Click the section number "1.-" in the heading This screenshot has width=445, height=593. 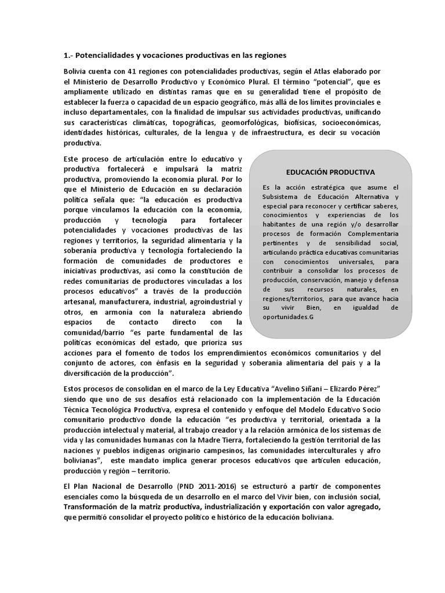pos(68,56)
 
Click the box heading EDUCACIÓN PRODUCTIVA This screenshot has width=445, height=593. pos(331,172)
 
